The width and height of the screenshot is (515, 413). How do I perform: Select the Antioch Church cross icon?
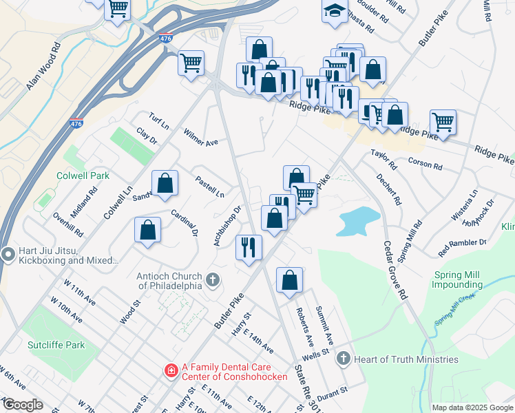click(213, 279)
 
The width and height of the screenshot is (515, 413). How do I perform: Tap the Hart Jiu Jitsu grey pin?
click(8, 255)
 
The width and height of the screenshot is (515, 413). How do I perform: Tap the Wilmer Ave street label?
click(200, 137)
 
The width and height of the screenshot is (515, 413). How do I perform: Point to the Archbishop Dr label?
click(228, 228)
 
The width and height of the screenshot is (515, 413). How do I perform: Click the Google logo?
click(22, 405)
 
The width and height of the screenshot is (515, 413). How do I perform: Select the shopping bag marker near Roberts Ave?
click(290, 280)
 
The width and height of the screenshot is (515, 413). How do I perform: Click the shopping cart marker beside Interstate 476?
click(191, 63)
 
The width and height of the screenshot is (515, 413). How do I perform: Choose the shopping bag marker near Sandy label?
click(165, 183)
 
